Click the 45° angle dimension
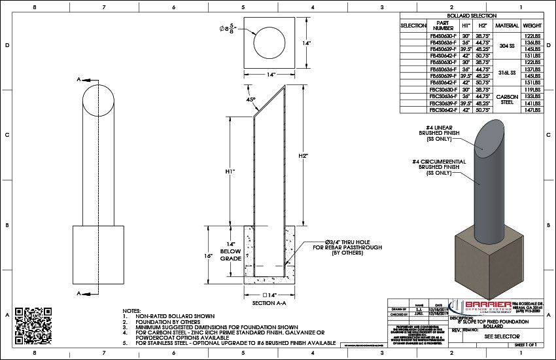(251, 99)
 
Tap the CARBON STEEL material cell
(507, 99)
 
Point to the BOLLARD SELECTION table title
(472, 15)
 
